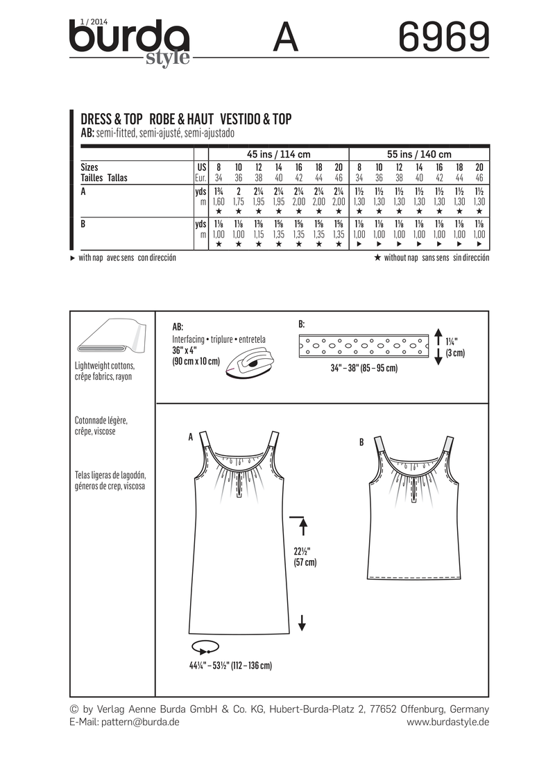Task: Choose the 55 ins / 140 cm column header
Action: coord(420,154)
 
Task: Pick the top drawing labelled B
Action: coord(411,514)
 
